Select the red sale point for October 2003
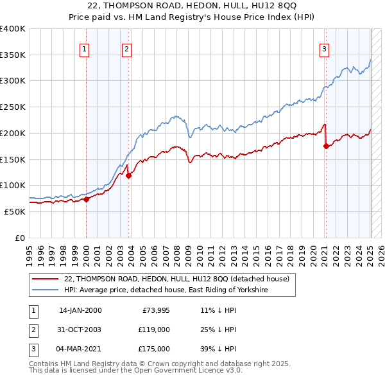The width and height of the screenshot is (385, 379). (128, 175)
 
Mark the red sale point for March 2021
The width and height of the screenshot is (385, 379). (326, 146)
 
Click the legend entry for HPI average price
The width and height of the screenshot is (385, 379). (166, 290)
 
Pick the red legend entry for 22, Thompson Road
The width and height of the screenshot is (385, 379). (177, 279)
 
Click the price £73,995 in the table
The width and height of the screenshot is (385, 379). (154, 310)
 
